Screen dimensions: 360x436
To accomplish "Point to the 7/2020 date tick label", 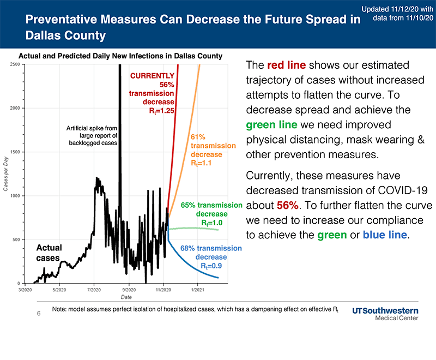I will pos(93,291).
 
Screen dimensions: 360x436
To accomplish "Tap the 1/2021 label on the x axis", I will pos(197,291).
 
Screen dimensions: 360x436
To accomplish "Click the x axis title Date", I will pos(126,298).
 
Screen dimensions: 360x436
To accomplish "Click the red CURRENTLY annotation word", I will pos(152,75).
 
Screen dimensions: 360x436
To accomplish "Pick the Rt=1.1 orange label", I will pos(201,163).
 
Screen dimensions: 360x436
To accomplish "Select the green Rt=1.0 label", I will pos(212,223).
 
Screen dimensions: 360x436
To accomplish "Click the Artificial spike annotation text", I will pos(92,128).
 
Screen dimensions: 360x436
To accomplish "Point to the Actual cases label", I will pos(49,253).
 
